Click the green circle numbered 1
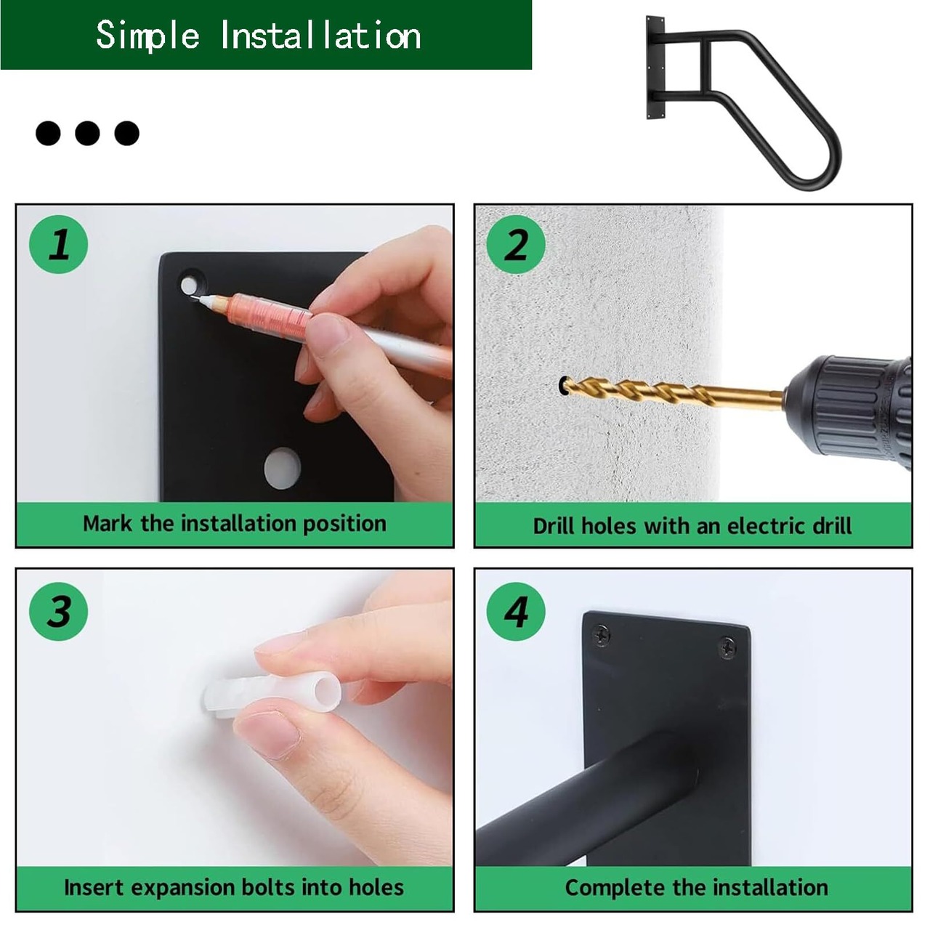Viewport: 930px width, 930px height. [x=59, y=244]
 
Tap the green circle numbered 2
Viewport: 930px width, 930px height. [x=516, y=244]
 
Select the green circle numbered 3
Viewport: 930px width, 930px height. [x=59, y=612]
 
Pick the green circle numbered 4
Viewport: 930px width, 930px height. [x=516, y=612]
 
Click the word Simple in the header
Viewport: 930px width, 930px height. [x=147, y=35]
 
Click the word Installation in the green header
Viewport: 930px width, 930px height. [x=321, y=35]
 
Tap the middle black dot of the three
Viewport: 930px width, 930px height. [x=87, y=133]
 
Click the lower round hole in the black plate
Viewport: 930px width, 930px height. [x=283, y=468]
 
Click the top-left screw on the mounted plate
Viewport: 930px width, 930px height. [x=602, y=636]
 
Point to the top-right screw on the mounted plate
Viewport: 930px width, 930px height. [x=727, y=647]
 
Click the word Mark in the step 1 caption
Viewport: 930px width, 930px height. [x=107, y=524]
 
